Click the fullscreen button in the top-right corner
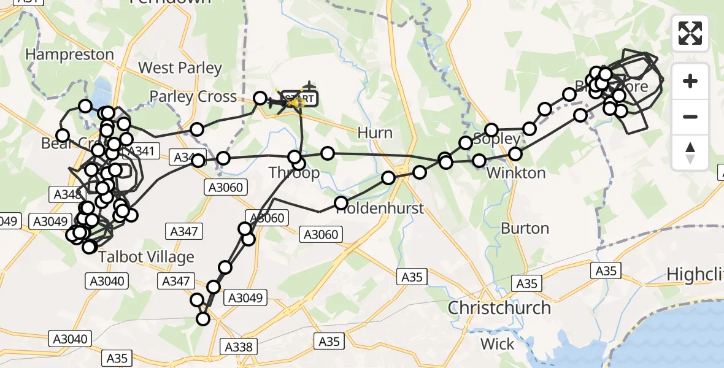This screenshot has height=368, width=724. tap(690, 33)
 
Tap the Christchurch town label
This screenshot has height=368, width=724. tap(499, 307)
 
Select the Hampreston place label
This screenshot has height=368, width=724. tap(69, 55)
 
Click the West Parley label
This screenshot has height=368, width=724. tap(180, 67)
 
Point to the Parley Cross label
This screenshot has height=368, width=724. tap(193, 97)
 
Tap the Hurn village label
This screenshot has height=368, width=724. tap(375, 133)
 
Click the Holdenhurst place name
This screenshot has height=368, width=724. tap(380, 209)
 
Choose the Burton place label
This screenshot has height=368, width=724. tap(525, 229)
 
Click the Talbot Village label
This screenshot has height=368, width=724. tap(146, 257)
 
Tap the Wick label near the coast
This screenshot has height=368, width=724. tap(498, 344)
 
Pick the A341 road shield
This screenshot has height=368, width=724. tap(141, 150)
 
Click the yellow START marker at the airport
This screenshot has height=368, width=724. tap(299, 98)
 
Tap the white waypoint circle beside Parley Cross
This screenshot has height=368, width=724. tap(260, 98)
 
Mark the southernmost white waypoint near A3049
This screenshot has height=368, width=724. tap(202, 318)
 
